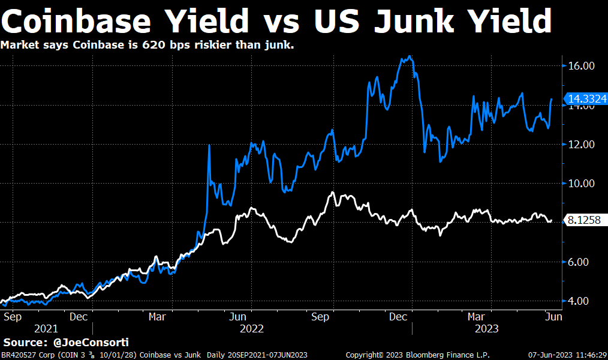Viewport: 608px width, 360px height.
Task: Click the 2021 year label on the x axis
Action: [47, 329]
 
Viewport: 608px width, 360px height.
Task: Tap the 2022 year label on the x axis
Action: [252, 329]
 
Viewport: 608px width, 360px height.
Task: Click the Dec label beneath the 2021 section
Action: [79, 316]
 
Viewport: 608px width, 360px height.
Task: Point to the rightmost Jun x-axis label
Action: [553, 316]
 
